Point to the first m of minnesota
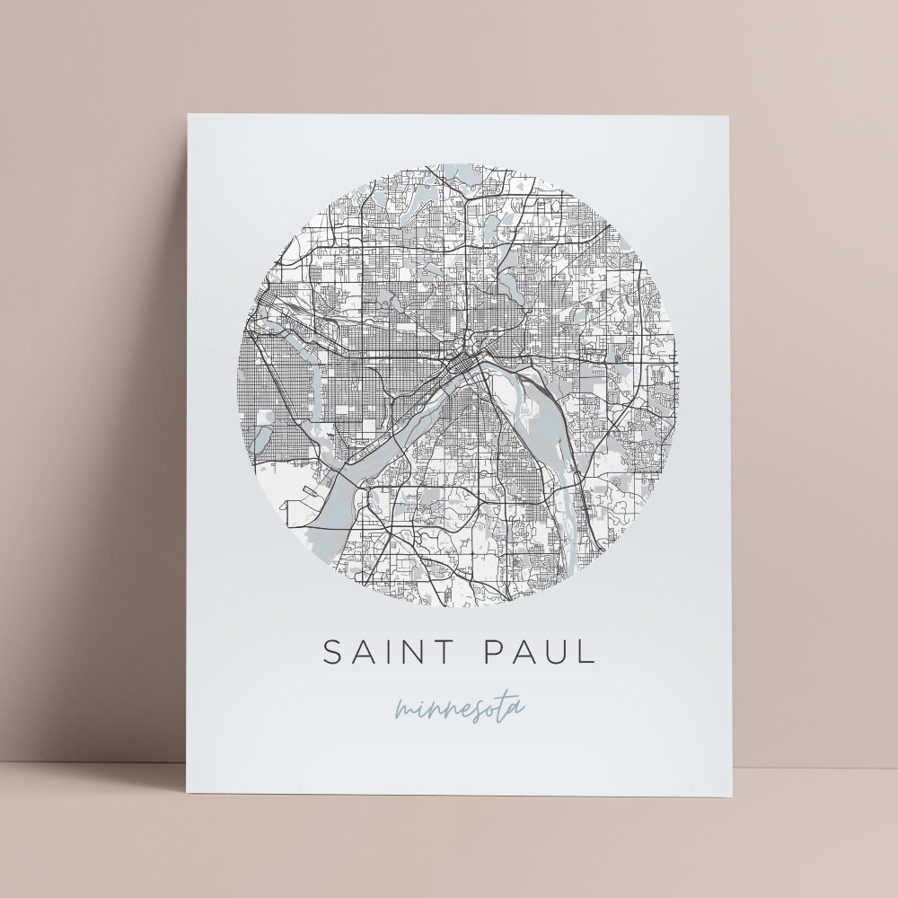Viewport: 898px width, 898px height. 402,713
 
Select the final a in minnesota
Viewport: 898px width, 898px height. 515,709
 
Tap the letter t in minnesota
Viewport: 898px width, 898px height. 503,706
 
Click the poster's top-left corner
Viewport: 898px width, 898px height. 188,114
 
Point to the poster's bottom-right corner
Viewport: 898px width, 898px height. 732,797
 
